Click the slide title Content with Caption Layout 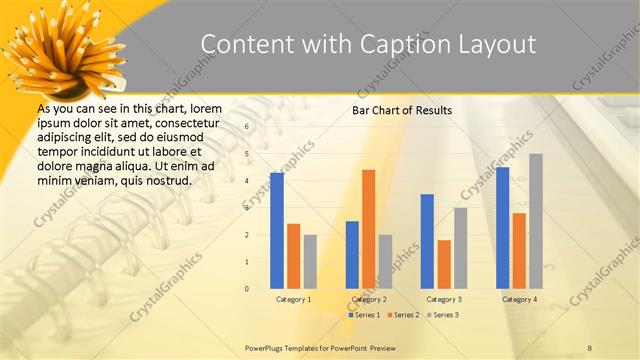(x=367, y=44)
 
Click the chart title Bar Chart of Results (x=402, y=110)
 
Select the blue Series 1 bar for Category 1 (x=277, y=231)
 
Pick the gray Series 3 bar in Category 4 (x=536, y=221)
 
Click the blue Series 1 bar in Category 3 (x=427, y=241)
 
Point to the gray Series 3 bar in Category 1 (x=310, y=261)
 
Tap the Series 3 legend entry (x=444, y=315)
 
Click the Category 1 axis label (x=293, y=299)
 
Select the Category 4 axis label (x=519, y=299)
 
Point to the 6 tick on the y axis (x=246, y=127)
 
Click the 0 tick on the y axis (x=246, y=289)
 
